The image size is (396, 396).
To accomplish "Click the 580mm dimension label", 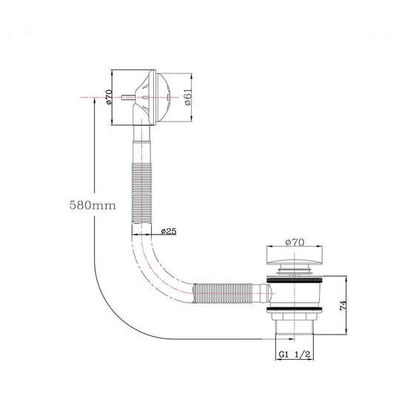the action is [93, 205].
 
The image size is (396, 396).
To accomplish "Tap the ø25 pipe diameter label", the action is [169, 232].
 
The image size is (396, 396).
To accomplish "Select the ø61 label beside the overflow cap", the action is [189, 97].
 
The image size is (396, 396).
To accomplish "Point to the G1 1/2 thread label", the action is [295, 355].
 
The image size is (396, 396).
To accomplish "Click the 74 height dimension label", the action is [343, 306].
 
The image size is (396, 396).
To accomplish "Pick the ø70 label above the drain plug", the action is [295, 242].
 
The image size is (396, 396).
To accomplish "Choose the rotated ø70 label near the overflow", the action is [109, 97].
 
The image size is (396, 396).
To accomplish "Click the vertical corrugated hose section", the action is [141, 193].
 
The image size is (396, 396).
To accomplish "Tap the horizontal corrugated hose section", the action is [223, 293].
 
